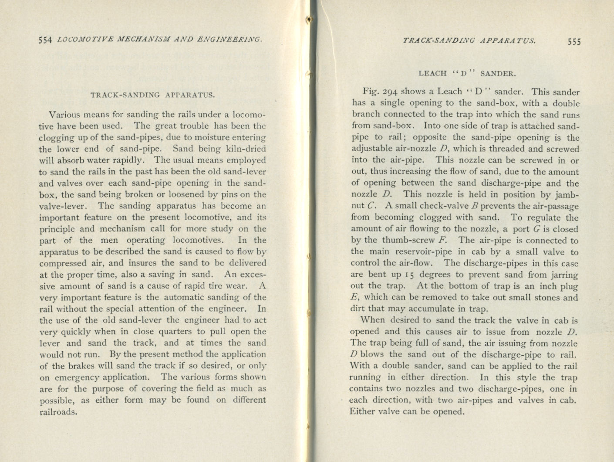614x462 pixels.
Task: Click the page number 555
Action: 574,42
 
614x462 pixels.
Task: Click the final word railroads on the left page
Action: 58,412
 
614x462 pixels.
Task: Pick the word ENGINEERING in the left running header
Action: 229,40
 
